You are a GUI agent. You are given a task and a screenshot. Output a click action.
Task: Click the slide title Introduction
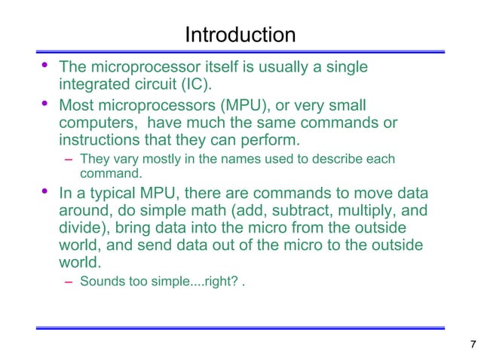(240, 35)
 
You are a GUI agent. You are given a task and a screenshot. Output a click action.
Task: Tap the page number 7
(472, 345)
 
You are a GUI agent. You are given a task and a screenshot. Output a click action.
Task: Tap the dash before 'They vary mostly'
(69, 160)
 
